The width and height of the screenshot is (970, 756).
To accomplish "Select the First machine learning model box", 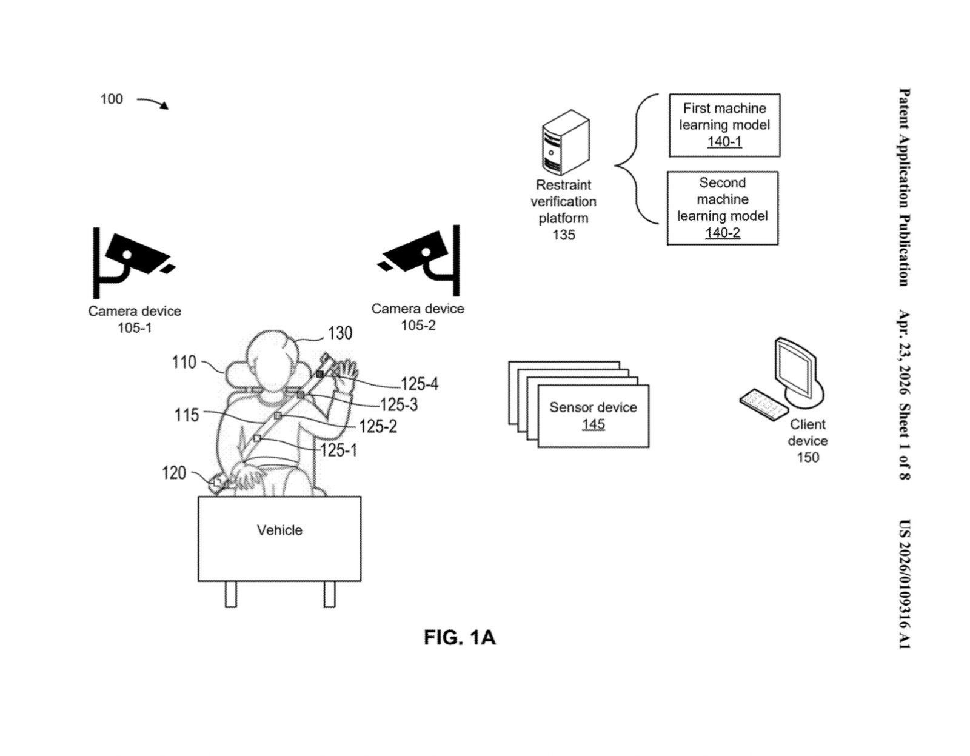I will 724,125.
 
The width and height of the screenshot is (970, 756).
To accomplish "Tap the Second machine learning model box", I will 722,208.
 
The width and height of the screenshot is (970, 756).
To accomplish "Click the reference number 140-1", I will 724,142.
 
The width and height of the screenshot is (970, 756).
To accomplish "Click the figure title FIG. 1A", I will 460,638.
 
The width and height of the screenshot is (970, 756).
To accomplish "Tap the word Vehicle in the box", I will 279,530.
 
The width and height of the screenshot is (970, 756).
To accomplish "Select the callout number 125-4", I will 419,384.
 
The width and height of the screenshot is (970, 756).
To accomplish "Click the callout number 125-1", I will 338,450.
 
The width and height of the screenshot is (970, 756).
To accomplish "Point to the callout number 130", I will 339,333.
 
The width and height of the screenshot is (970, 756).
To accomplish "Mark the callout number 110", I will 184,362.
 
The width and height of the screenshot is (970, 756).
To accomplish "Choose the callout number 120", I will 174,473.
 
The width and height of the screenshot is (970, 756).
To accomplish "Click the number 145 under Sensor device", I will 593,424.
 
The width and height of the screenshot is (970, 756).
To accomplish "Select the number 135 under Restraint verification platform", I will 563,235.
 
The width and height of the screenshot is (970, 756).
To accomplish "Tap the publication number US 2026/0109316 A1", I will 903,584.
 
